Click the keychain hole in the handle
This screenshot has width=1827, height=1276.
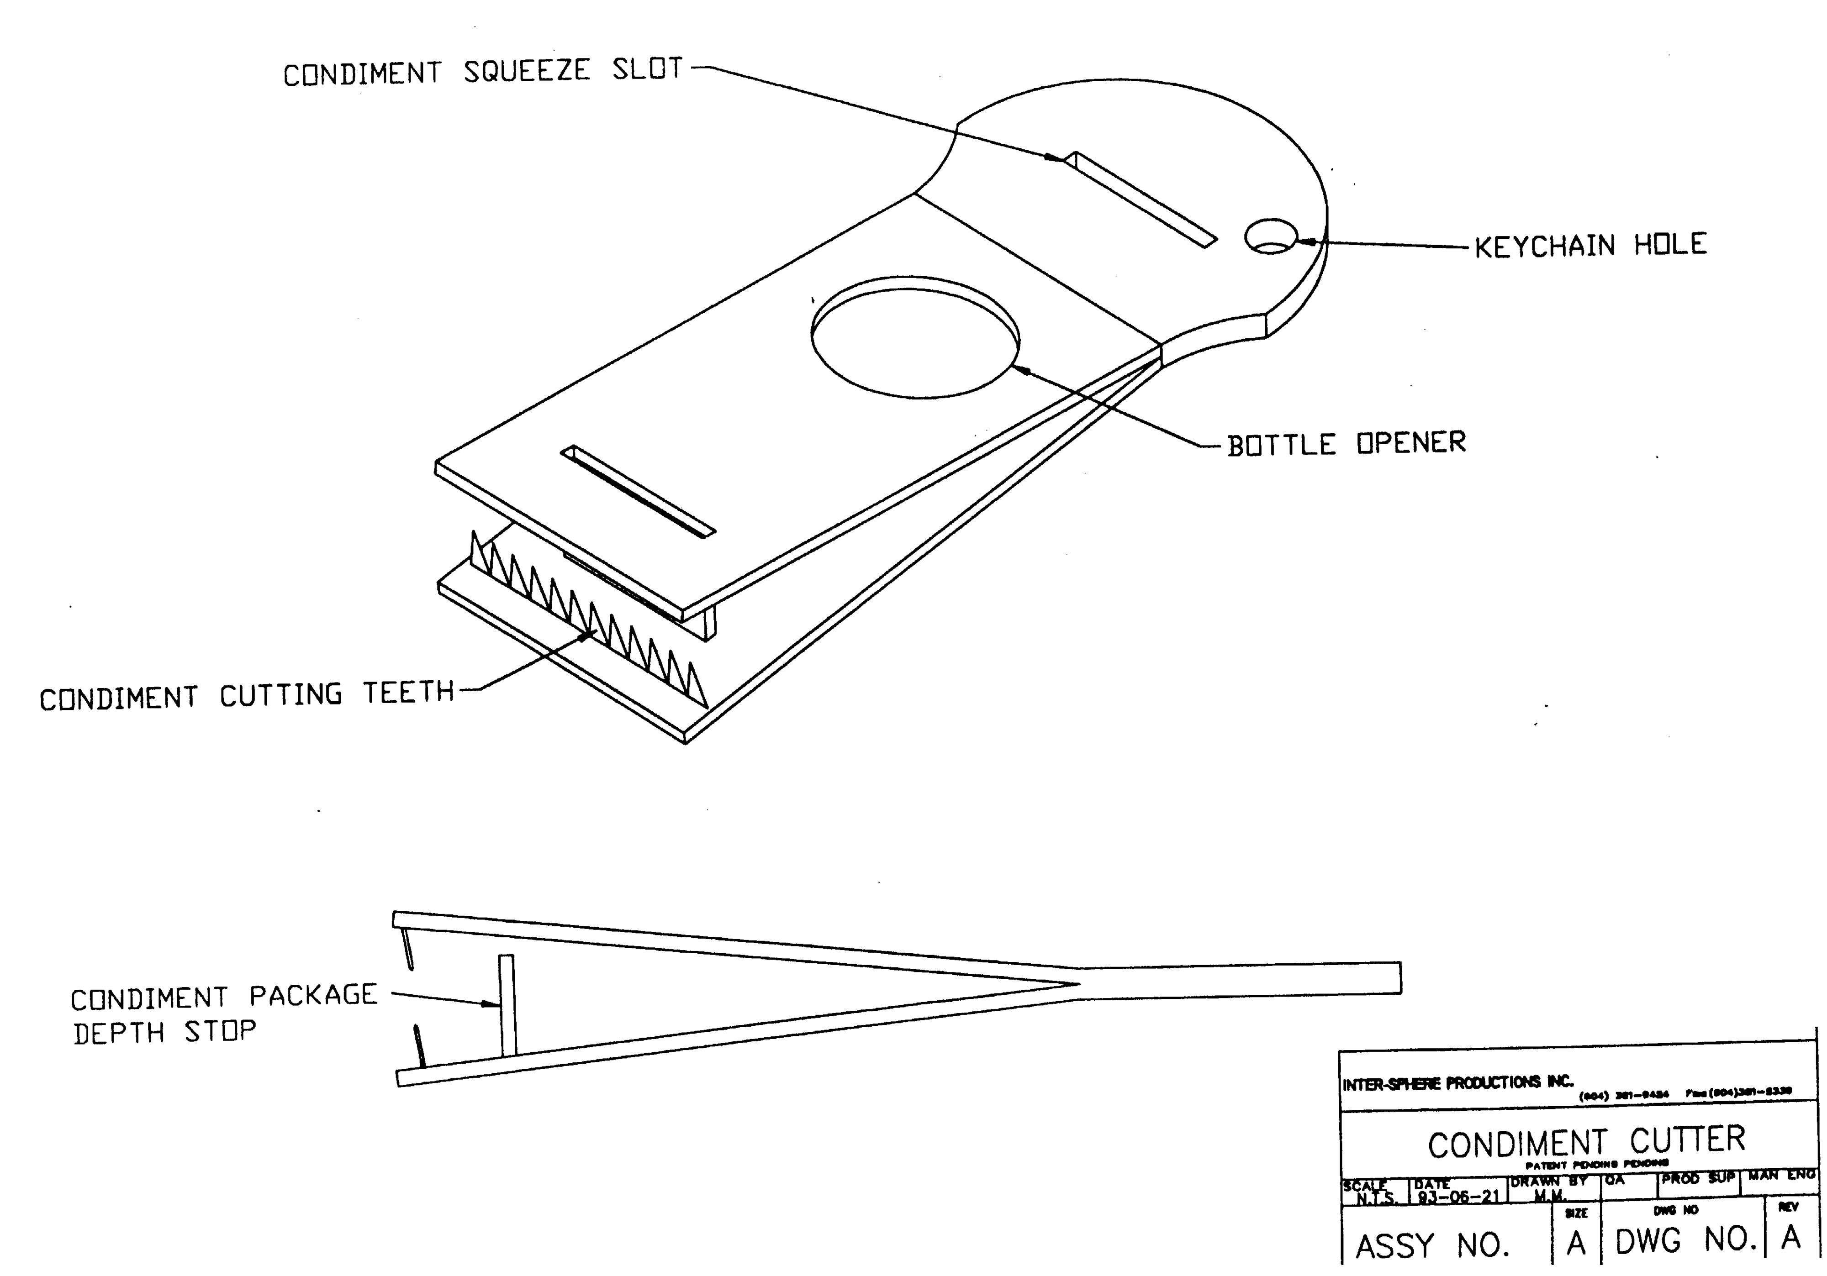coord(1271,237)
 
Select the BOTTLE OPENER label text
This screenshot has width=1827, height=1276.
coord(1346,444)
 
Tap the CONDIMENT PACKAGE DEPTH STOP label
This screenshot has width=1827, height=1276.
coord(223,1013)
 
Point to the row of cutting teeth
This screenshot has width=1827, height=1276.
coord(589,620)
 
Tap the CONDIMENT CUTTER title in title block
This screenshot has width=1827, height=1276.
coord(1586,1142)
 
